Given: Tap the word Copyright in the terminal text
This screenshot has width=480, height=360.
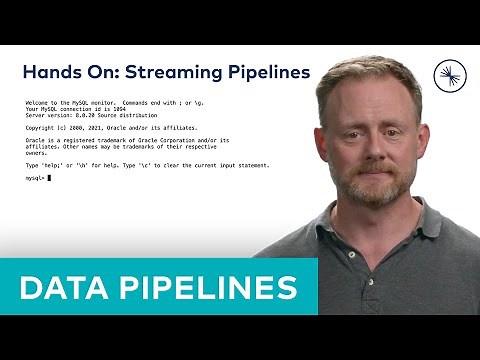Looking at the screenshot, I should [41, 128].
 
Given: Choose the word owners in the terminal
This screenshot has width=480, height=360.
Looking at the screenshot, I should [34, 152].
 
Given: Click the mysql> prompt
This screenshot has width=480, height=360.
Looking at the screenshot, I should [35, 177].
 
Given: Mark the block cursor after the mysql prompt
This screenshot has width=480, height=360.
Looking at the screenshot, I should [50, 177].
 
